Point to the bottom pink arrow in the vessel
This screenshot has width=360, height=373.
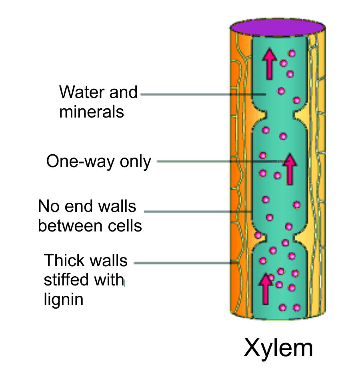[x=264, y=288]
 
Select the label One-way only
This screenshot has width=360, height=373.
[x=99, y=162]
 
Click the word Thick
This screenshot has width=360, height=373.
[x=62, y=261]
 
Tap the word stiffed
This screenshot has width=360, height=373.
[x=66, y=279]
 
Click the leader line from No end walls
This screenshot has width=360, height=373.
[x=196, y=211]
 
